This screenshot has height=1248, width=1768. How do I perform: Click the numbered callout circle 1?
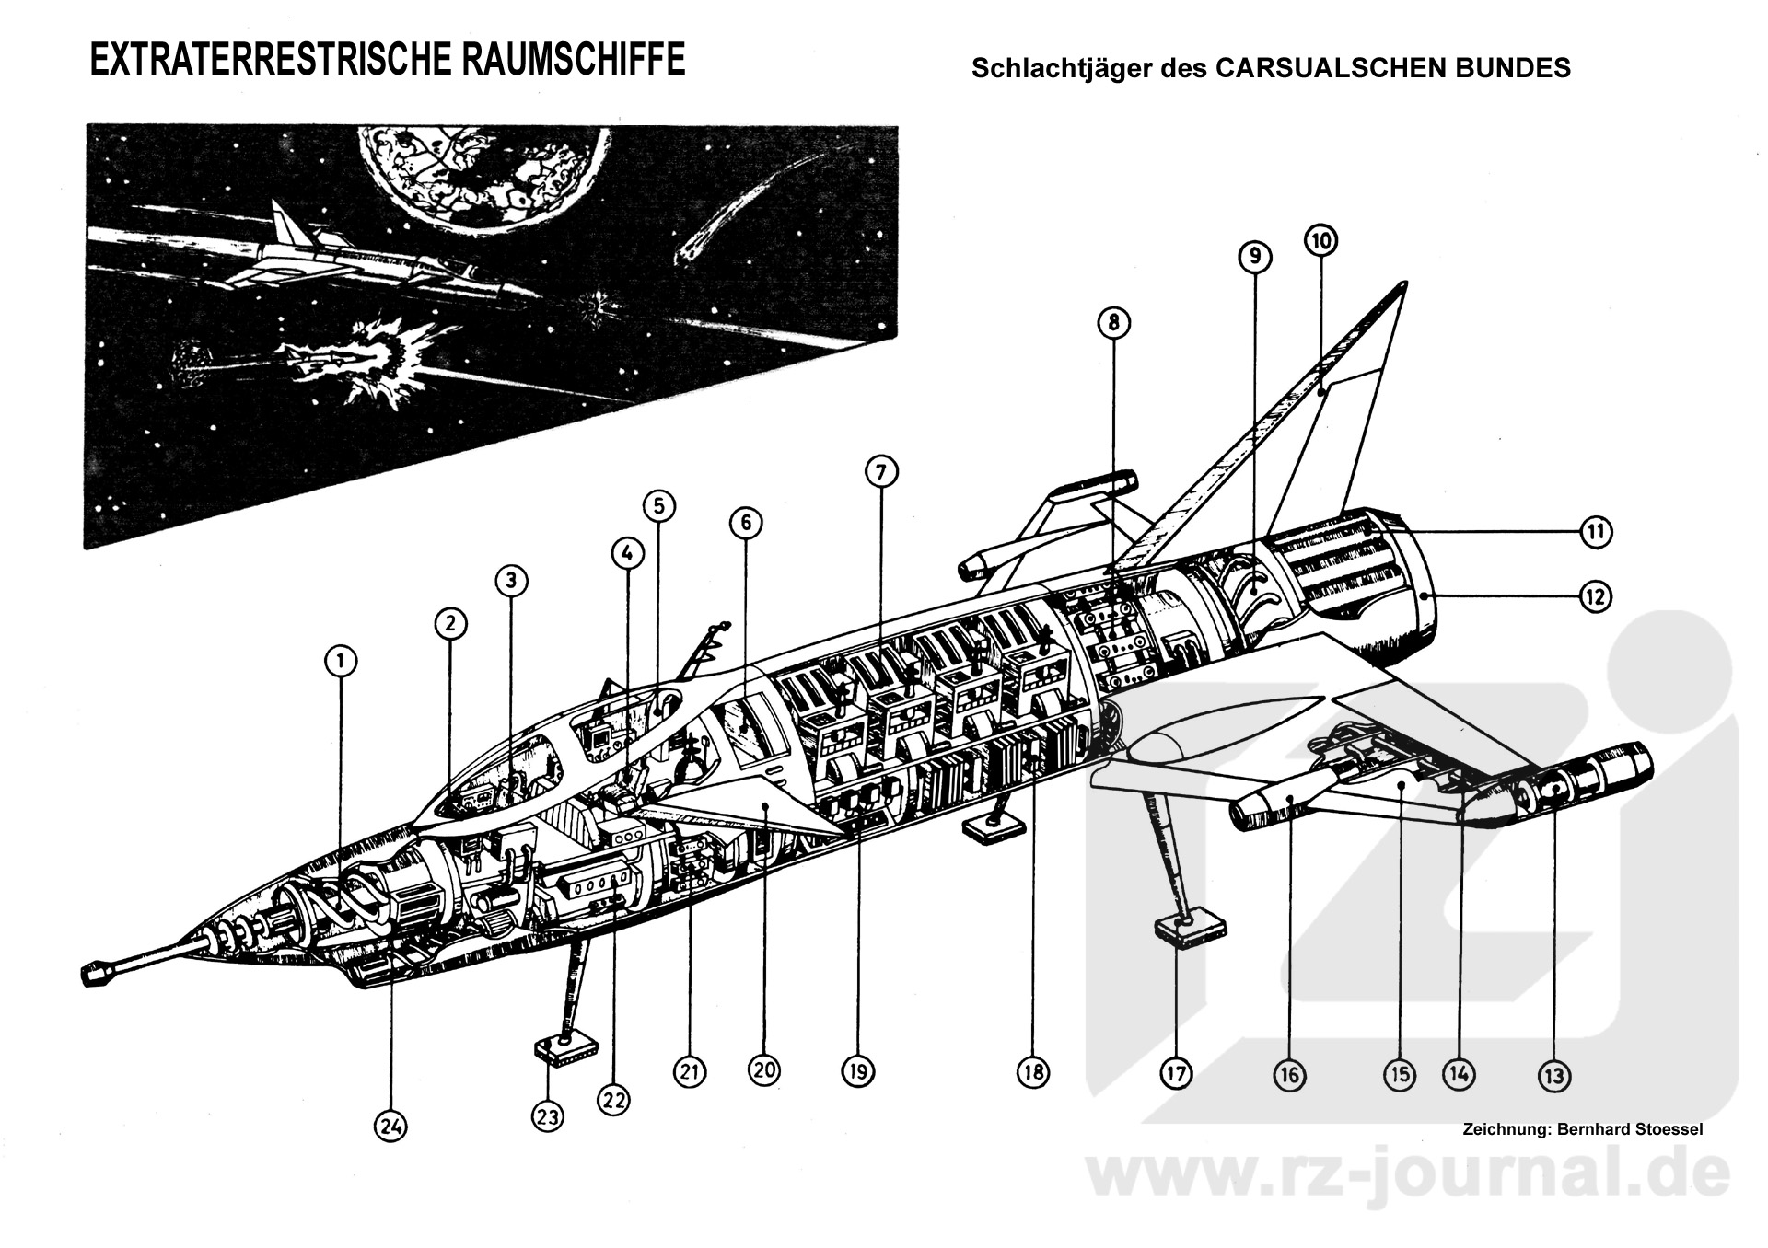click(340, 661)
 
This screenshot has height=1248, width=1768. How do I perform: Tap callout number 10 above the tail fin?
click(1320, 241)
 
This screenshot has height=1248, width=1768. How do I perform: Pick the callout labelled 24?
click(390, 1127)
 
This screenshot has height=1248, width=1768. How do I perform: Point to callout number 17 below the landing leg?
click(1176, 1073)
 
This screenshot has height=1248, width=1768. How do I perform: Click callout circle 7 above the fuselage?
click(880, 472)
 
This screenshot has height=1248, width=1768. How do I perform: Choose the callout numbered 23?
click(547, 1117)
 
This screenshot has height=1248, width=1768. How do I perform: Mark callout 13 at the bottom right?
click(1553, 1075)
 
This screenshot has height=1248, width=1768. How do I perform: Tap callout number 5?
click(658, 505)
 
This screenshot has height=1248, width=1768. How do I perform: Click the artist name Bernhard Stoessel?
click(1629, 1129)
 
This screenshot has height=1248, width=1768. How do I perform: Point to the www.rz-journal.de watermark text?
click(1409, 1179)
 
